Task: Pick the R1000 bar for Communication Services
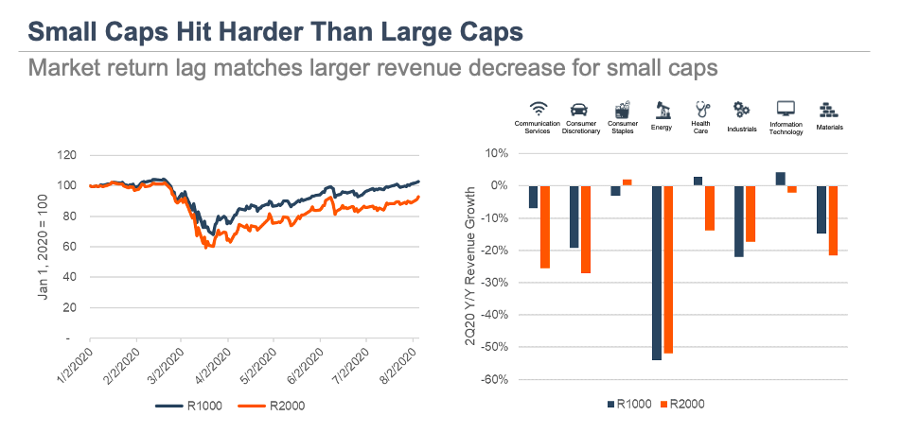(533, 197)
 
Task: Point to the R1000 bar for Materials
(821, 209)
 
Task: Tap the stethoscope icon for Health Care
(701, 109)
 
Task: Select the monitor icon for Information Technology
(785, 109)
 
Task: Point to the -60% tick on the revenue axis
(495, 380)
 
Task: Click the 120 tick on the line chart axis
(66, 154)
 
